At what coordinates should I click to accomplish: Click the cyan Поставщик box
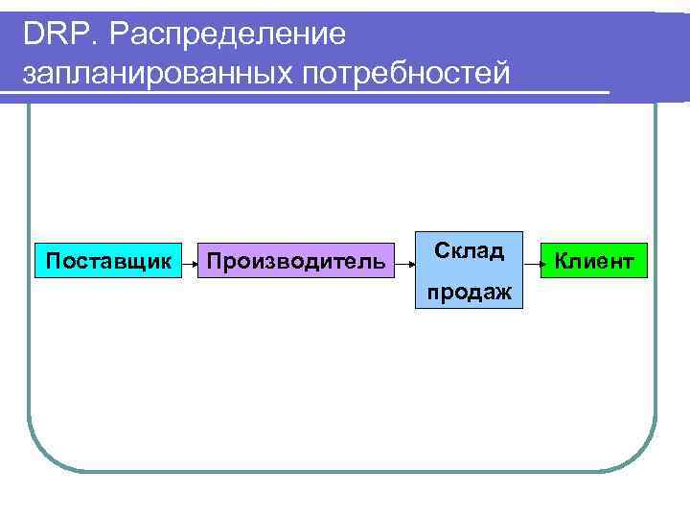(x=109, y=260)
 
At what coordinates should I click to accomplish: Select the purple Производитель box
(x=297, y=260)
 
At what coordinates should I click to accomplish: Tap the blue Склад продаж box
(x=469, y=270)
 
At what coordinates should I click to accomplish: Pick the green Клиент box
(x=594, y=260)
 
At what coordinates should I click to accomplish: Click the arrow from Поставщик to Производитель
(x=191, y=260)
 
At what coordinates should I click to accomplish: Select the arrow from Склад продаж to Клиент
(x=533, y=260)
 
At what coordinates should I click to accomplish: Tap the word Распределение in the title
(x=226, y=35)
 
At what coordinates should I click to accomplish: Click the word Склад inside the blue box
(x=469, y=251)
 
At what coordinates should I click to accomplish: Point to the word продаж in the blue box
(x=469, y=290)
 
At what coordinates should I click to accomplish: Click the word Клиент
(x=594, y=261)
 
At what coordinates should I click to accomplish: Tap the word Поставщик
(x=109, y=261)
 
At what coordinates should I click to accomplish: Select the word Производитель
(x=297, y=261)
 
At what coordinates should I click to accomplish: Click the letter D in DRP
(x=34, y=35)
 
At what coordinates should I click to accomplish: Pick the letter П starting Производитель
(x=215, y=261)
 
